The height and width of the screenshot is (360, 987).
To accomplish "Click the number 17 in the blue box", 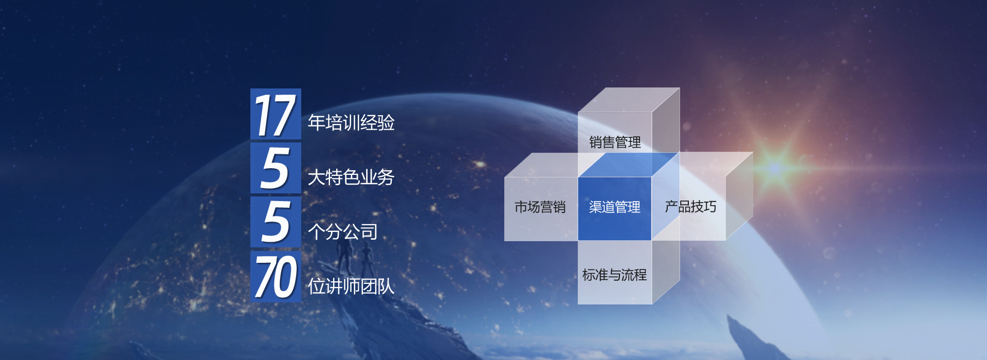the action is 275,115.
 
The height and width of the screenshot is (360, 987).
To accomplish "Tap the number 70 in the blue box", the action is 276,277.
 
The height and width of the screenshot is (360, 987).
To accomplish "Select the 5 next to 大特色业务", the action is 275,168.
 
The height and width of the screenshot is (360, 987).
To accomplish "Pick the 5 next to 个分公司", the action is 275,222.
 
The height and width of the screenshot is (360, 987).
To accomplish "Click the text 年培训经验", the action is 351,123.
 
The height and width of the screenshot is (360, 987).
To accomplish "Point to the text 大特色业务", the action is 351,177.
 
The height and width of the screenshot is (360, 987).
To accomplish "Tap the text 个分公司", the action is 342,232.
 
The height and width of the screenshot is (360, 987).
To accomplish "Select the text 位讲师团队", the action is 351,286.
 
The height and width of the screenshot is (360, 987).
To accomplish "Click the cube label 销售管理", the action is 615,142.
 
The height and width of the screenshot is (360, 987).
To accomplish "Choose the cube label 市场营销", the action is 540,207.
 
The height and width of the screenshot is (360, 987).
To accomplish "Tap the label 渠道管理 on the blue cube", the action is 615,207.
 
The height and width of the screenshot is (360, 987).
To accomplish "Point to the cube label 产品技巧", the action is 690,207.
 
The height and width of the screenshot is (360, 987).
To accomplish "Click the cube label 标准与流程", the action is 615,275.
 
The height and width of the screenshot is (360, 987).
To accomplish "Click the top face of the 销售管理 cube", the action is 629,100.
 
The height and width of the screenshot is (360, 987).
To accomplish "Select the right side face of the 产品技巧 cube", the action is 739,196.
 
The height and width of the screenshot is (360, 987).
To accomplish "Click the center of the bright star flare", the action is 775,167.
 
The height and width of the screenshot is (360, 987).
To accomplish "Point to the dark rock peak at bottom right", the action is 751,339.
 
